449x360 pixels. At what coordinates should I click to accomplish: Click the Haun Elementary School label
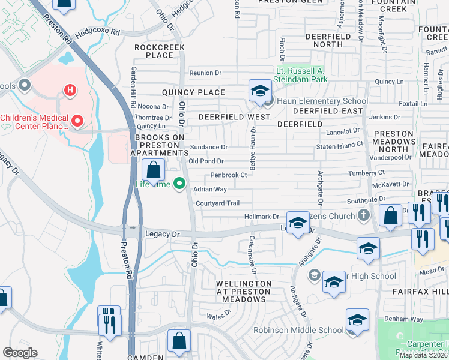(x=322, y=101)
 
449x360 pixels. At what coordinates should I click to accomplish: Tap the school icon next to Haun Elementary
(x=260, y=91)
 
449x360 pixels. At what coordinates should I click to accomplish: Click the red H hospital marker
(x=70, y=91)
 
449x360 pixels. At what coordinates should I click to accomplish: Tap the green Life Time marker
(x=178, y=184)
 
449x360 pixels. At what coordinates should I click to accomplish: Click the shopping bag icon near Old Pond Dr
(x=154, y=170)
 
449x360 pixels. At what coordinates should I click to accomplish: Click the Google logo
(x=20, y=353)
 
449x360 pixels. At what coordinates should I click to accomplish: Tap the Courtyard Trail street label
(x=217, y=203)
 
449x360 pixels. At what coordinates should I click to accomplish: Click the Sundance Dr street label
(x=208, y=147)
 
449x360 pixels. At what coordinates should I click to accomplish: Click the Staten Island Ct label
(x=340, y=145)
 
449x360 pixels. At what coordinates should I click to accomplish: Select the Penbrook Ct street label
(x=228, y=175)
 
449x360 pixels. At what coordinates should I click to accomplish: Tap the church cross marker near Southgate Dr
(x=364, y=214)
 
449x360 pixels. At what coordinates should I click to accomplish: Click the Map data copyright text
(x=423, y=355)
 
